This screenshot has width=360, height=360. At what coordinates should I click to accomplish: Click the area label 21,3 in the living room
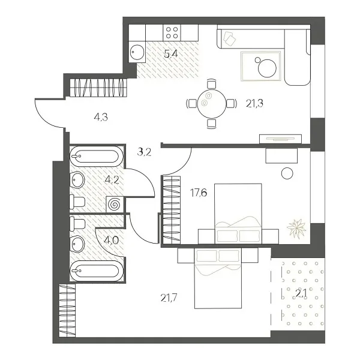click(255, 103)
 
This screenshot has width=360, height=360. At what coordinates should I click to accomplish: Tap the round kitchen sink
click(137, 51)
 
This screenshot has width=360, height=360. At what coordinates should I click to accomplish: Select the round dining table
click(210, 103)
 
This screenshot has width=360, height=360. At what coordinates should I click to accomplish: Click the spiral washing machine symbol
click(113, 204)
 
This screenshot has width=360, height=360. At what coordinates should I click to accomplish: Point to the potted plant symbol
click(296, 228)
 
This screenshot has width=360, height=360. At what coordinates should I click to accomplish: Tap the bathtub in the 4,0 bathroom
click(96, 271)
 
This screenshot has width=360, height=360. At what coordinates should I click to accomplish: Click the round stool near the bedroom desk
click(287, 174)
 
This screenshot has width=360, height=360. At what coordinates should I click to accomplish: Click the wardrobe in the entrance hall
click(100, 88)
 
